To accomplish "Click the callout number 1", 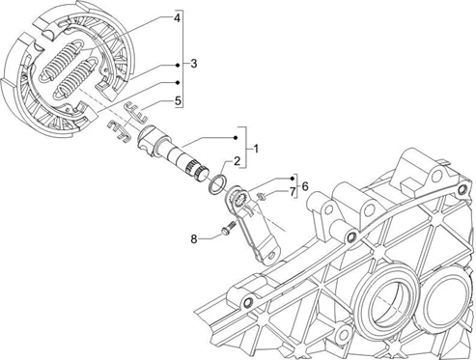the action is pos(256,149).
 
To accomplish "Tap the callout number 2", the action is pos(237,161).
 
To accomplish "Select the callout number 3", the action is pos(193,64).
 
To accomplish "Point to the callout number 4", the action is pos(177,18).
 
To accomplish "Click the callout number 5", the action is pos(178,101).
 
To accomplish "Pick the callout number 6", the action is pos(305,186).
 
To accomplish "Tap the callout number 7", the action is pos(293,192).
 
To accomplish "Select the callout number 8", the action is pos(194,239).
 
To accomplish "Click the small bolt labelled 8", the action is pos(228,228).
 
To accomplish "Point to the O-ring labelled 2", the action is pos(217,184).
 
